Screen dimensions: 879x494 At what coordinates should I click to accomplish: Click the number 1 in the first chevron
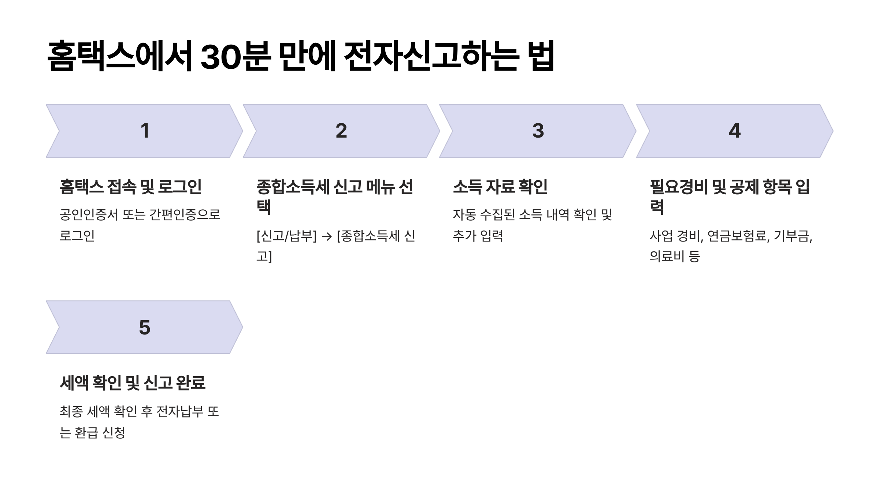point(145,131)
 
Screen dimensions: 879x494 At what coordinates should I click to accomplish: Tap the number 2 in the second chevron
point(341,131)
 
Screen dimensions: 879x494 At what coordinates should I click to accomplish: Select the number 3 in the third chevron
point(538,131)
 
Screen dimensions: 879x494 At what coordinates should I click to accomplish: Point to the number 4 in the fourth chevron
point(735,131)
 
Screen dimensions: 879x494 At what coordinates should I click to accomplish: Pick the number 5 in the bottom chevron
point(145,327)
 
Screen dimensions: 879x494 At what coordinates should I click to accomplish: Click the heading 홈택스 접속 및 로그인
point(131,187)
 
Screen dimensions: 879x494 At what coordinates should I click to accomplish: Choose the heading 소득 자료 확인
point(500,187)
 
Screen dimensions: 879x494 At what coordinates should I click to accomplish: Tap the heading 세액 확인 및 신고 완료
point(133,383)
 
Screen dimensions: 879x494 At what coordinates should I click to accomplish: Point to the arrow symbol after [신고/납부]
point(326,236)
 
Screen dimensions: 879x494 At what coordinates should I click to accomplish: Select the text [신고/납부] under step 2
point(286,236)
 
